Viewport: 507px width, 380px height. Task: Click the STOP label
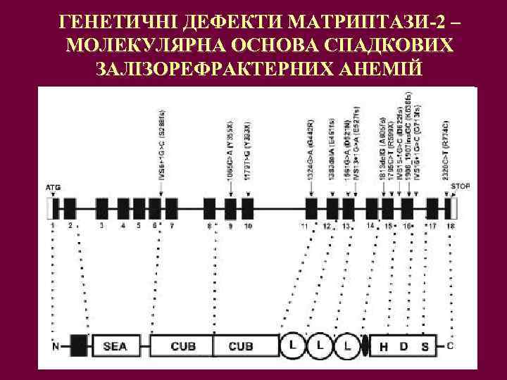pos(459,186)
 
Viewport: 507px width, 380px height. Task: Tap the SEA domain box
pos(115,346)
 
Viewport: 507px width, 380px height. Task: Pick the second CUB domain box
pos(240,346)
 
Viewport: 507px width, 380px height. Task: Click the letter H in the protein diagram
pos(384,346)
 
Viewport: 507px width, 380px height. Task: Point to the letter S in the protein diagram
pos(424,346)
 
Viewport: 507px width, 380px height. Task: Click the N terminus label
pos(56,346)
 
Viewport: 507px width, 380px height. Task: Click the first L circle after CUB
pos(292,346)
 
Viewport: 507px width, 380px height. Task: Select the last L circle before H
pos(348,346)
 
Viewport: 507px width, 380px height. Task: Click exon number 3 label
pos(102,226)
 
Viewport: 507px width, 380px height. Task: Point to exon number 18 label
pos(451,226)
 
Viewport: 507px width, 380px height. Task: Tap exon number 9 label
pos(230,226)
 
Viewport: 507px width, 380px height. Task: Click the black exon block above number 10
pos(247,208)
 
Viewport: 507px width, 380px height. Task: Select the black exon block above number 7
pos(172,208)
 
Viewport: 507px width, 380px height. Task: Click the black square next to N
pos(79,346)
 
